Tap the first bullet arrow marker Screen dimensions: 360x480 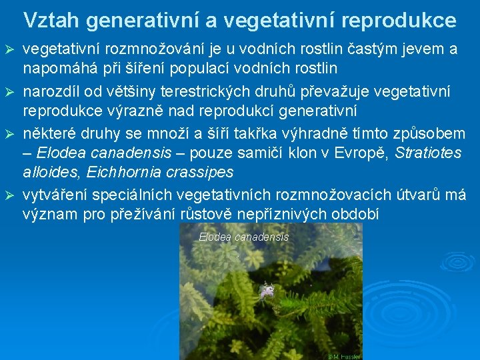pyautogui.click(x=9, y=51)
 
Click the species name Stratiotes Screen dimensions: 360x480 pyautogui.click(x=428, y=153)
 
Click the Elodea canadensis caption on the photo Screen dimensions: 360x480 pyautogui.click(x=243, y=237)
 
